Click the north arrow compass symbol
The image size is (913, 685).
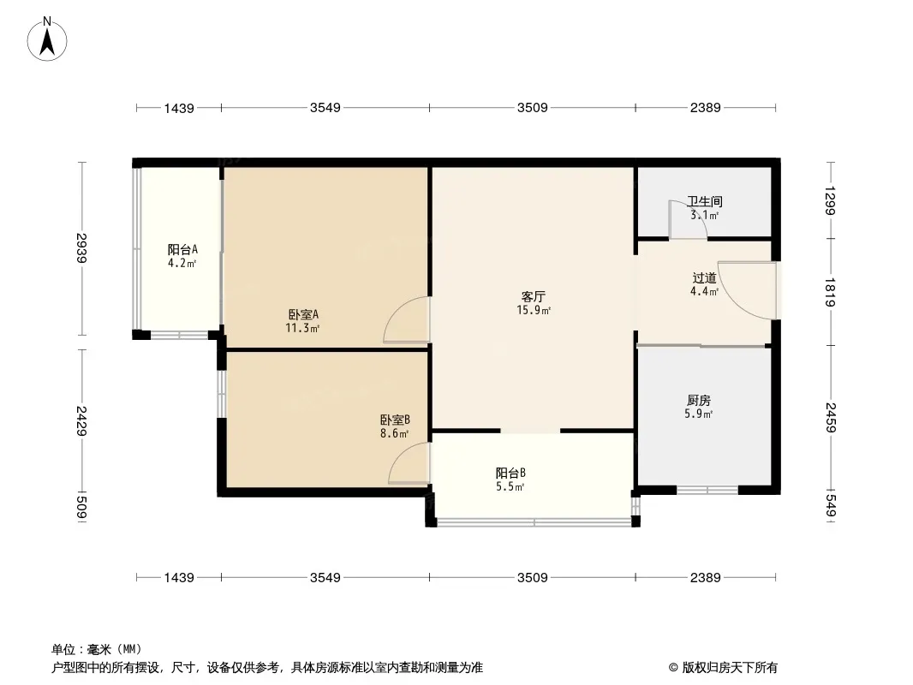48,39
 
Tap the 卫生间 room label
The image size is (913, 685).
704,202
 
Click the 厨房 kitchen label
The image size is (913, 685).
698,400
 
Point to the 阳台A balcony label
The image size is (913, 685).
182,250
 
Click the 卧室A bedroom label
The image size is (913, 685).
303,314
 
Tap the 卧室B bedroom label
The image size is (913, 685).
395,420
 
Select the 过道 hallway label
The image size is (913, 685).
704,277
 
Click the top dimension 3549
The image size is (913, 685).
325,108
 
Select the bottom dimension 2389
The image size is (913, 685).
705,578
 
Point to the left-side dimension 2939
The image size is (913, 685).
82,249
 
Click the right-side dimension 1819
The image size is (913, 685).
829,291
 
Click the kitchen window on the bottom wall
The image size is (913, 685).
707,491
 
